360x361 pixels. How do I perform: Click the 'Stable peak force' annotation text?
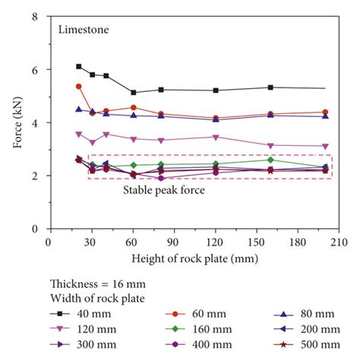pyautogui.click(x=164, y=190)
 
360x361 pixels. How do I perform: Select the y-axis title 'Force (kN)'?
pyautogui.click(x=17, y=122)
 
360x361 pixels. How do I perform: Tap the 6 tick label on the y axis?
pyautogui.click(x=36, y=69)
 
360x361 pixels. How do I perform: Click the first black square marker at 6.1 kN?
pyautogui.click(x=79, y=67)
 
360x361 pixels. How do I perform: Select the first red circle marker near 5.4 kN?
pyautogui.click(x=79, y=87)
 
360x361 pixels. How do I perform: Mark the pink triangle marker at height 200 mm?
pyautogui.click(x=326, y=146)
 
